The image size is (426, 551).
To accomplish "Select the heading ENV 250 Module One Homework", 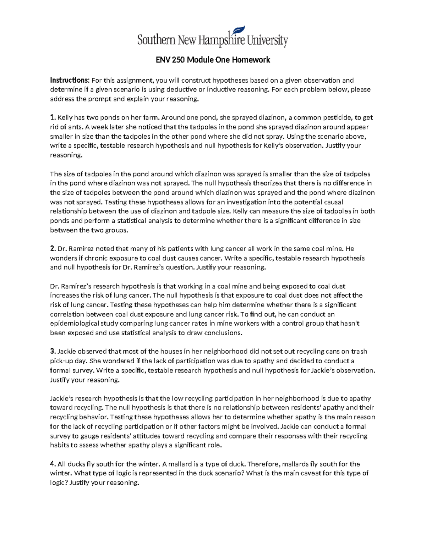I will [213, 60].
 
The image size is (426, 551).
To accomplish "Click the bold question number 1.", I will [53, 117].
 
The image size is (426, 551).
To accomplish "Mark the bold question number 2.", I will [53, 249].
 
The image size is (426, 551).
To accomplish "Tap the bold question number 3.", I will [53, 352].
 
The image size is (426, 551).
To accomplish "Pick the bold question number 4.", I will [53, 464].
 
